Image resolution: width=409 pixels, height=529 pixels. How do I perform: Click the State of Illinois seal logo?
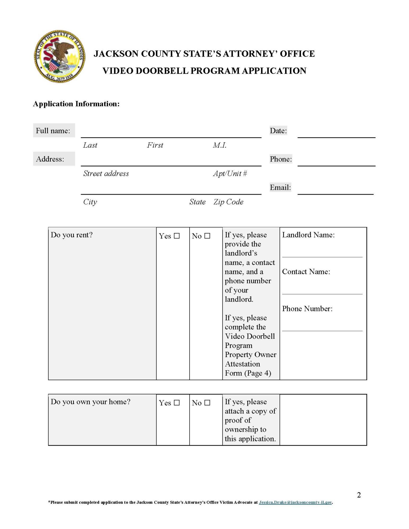point(60,56)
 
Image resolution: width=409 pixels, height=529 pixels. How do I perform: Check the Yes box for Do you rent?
point(177,236)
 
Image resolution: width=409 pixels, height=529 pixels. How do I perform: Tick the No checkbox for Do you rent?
point(207,236)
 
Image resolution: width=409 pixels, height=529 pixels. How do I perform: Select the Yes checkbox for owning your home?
point(177,403)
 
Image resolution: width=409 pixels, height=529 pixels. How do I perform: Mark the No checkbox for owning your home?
point(207,403)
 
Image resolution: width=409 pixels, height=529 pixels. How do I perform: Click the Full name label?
point(53,131)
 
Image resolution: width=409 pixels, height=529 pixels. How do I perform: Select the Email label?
point(280,188)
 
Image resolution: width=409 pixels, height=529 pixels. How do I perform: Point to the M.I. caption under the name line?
point(219,145)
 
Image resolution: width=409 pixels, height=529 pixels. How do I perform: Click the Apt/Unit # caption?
point(230,174)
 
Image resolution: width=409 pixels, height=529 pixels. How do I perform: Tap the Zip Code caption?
point(228,202)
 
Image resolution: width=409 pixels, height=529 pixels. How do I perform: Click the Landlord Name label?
point(308,235)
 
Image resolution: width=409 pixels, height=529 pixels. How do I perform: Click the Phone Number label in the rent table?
point(307,309)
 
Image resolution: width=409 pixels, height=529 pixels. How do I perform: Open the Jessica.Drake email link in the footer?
point(295,502)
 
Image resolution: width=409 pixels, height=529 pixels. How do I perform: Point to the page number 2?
point(359,495)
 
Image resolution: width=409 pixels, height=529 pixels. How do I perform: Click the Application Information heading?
point(76,104)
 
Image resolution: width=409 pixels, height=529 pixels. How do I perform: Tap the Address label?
point(50,159)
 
